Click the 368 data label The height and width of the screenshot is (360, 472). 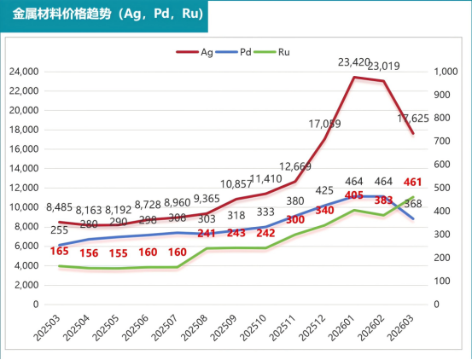(x=412, y=203)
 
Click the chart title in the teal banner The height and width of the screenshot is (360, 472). (x=107, y=15)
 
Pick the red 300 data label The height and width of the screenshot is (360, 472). (x=294, y=220)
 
